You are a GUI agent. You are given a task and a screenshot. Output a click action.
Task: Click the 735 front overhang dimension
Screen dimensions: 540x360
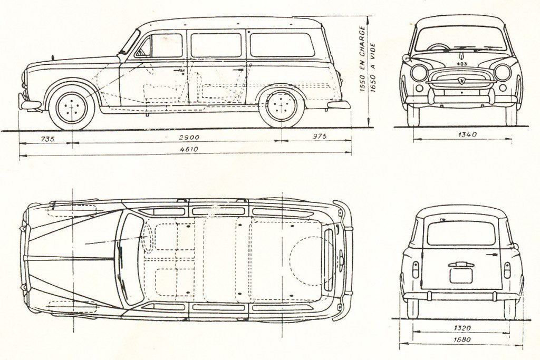coord(47,139)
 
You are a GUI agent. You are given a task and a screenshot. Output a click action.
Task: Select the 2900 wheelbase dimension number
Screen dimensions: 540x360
coord(189,138)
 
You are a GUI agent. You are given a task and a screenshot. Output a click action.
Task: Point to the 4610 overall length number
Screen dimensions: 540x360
coord(189,149)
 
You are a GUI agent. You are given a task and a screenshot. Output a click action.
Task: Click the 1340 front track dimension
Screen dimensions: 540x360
coord(467,134)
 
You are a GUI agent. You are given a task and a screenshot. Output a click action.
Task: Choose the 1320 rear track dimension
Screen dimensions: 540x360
coord(462,328)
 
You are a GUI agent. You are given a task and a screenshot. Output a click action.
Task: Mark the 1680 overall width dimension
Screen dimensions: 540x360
coord(462,339)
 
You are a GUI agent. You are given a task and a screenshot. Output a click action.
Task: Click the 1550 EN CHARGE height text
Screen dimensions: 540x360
coord(362,59)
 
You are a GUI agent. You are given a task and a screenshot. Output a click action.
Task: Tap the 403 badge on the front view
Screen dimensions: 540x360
coord(462,64)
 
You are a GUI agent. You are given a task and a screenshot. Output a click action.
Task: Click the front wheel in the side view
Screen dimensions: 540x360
coord(72,106)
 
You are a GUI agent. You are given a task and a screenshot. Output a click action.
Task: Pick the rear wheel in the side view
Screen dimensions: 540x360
coord(282,105)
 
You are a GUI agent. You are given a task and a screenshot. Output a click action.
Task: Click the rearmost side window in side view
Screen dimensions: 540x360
coord(283,45)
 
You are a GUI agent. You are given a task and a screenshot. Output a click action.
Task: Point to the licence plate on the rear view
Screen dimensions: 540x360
coord(461,275)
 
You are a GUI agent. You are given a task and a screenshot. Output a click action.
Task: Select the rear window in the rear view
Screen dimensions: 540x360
coord(461,233)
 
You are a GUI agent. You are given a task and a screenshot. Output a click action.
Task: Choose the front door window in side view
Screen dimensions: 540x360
coord(159,46)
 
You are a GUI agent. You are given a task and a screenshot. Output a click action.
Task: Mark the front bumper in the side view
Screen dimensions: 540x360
coord(29,103)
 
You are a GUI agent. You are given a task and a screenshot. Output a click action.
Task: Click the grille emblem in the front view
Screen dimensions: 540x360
coord(461,80)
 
